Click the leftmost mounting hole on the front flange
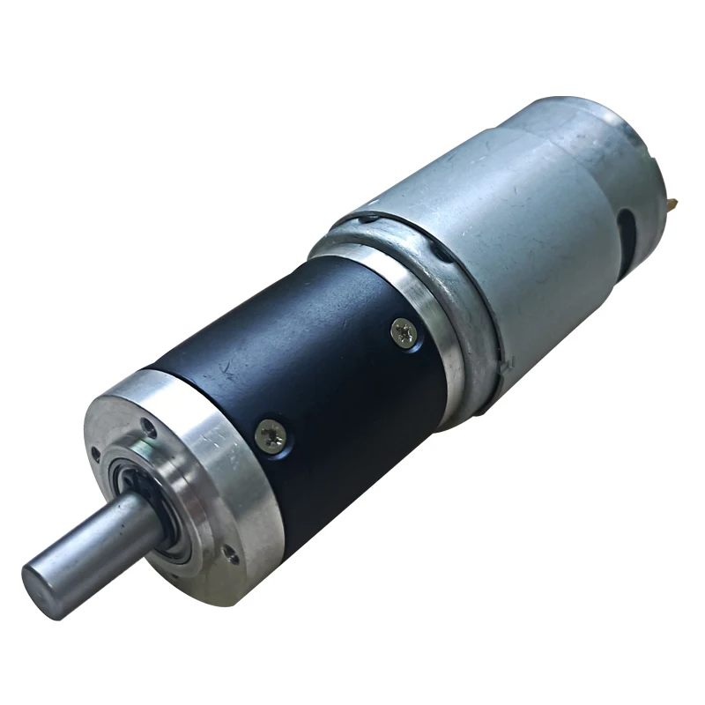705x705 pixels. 95,455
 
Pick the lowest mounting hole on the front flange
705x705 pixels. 231,556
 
